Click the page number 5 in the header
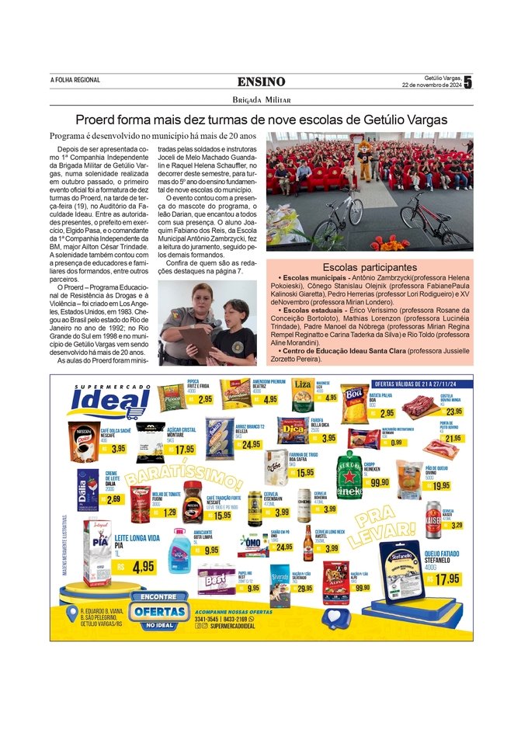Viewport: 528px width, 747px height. tap(468, 82)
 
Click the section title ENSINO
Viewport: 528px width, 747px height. tap(261, 82)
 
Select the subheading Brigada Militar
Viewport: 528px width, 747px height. tap(261, 99)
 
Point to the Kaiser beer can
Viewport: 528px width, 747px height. tap(432, 519)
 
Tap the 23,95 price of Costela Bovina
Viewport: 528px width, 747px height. tap(453, 412)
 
